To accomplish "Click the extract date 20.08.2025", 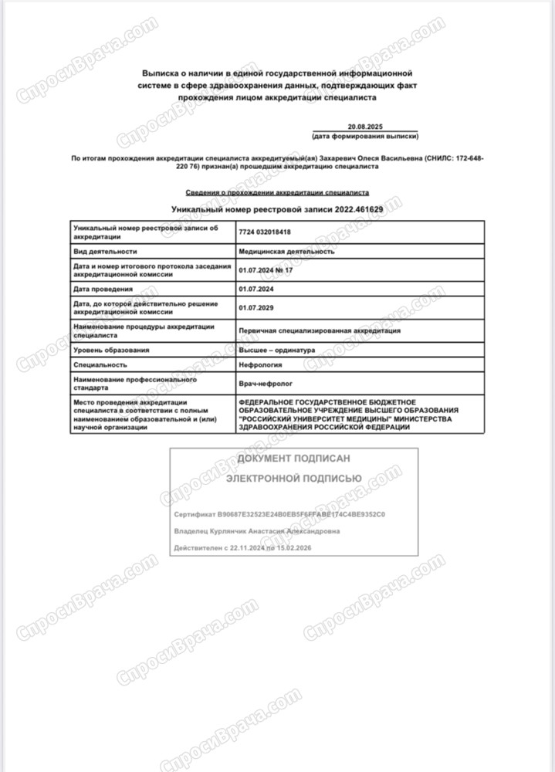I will pos(364,126).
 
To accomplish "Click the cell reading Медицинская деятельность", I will pos(286,252).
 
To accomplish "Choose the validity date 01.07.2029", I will pos(257,309).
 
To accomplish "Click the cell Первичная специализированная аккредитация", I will pos(320,330).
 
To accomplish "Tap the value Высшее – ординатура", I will pos(277,350).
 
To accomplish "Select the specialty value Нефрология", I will pos(260,364).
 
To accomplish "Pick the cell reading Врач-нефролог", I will pos(262,383).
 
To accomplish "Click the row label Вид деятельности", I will pos(105,252).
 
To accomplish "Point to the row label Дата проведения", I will pos(103,289).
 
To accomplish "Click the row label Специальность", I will pos(100,364).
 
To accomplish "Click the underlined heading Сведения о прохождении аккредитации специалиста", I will pos(278,192).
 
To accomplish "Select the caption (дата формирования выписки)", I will pos(365,136).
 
